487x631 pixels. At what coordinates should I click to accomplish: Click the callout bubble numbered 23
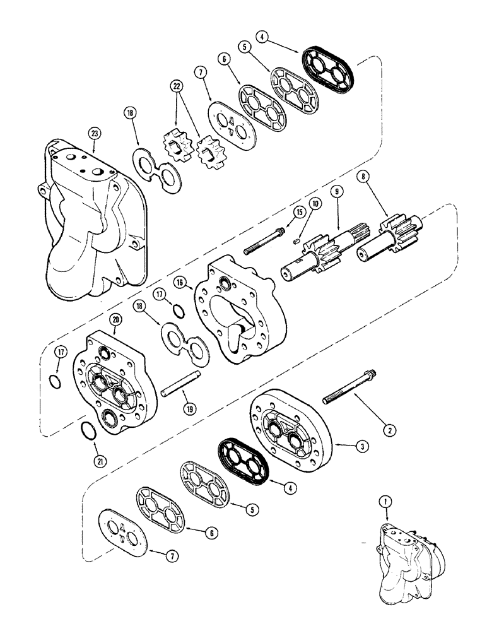point(94,133)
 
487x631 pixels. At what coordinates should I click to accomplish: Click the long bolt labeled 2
point(349,391)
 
